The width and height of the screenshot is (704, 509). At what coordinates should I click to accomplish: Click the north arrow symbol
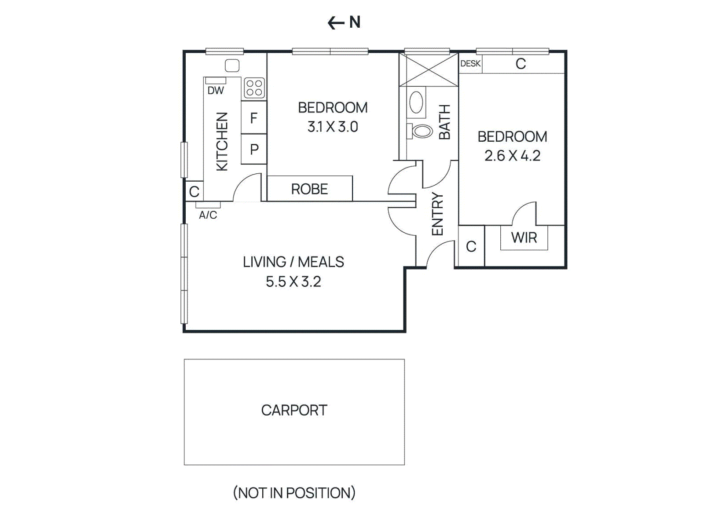pyautogui.click(x=337, y=22)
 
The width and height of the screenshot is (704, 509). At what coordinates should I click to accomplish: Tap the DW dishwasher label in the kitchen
pyautogui.click(x=216, y=91)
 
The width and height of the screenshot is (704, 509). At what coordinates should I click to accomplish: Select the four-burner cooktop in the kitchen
pyautogui.click(x=254, y=88)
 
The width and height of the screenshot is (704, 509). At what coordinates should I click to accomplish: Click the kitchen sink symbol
pyautogui.click(x=232, y=66)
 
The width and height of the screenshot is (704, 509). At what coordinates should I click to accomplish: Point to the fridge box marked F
pyautogui.click(x=254, y=118)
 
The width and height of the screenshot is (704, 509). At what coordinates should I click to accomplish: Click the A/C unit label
pyautogui.click(x=208, y=215)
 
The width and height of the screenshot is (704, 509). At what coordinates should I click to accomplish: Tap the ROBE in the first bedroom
pyautogui.click(x=309, y=189)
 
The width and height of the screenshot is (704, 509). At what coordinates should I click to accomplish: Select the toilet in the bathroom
pyautogui.click(x=421, y=131)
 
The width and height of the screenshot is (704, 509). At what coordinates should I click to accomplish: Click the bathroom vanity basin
pyautogui.click(x=416, y=103)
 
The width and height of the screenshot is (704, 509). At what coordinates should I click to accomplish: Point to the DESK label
pyautogui.click(x=470, y=63)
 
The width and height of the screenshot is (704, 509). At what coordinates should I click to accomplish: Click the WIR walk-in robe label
pyautogui.click(x=524, y=238)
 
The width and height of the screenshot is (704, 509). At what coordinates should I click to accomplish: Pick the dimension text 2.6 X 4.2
pyautogui.click(x=512, y=156)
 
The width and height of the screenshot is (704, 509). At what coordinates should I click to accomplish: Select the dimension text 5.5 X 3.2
pyautogui.click(x=293, y=282)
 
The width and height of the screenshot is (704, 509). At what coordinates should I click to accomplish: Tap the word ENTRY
pyautogui.click(x=437, y=214)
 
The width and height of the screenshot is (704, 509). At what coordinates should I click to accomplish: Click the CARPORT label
pyautogui.click(x=294, y=410)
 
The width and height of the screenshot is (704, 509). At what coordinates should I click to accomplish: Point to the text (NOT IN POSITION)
pyautogui.click(x=294, y=493)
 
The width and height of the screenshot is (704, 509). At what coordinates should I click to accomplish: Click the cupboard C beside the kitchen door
pyautogui.click(x=194, y=191)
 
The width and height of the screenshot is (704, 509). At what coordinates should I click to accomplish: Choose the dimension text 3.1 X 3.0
pyautogui.click(x=333, y=127)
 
